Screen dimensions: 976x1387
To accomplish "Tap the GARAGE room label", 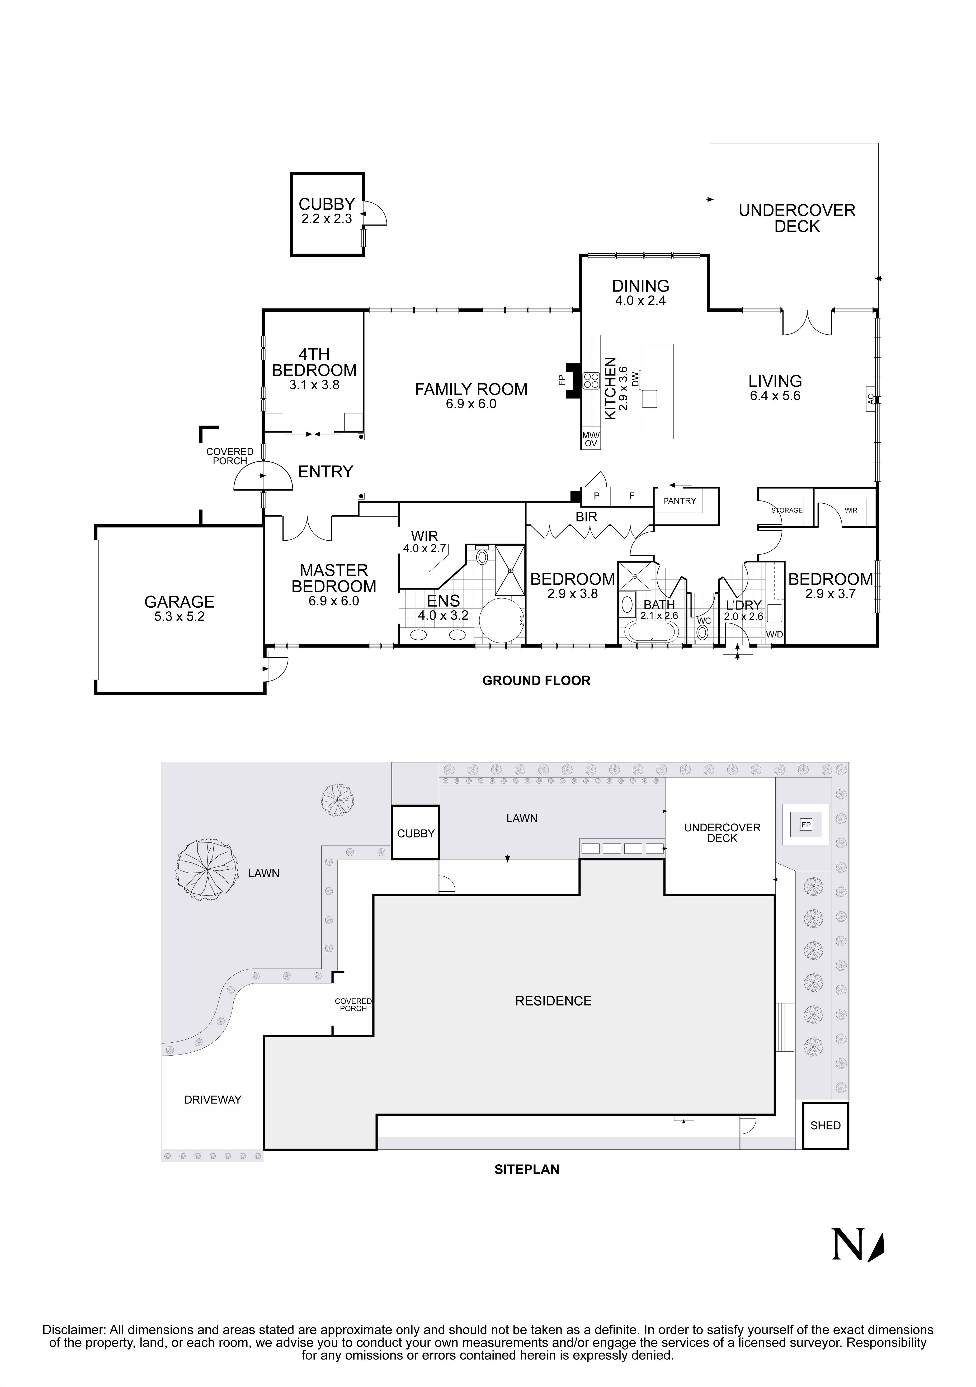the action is click(179, 602).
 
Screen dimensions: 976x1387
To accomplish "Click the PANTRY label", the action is click(680, 501).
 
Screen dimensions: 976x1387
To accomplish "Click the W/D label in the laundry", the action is click(774, 635).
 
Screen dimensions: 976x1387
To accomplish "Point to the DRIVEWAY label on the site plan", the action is click(213, 1100).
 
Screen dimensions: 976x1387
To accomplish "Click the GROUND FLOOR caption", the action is click(536, 681).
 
